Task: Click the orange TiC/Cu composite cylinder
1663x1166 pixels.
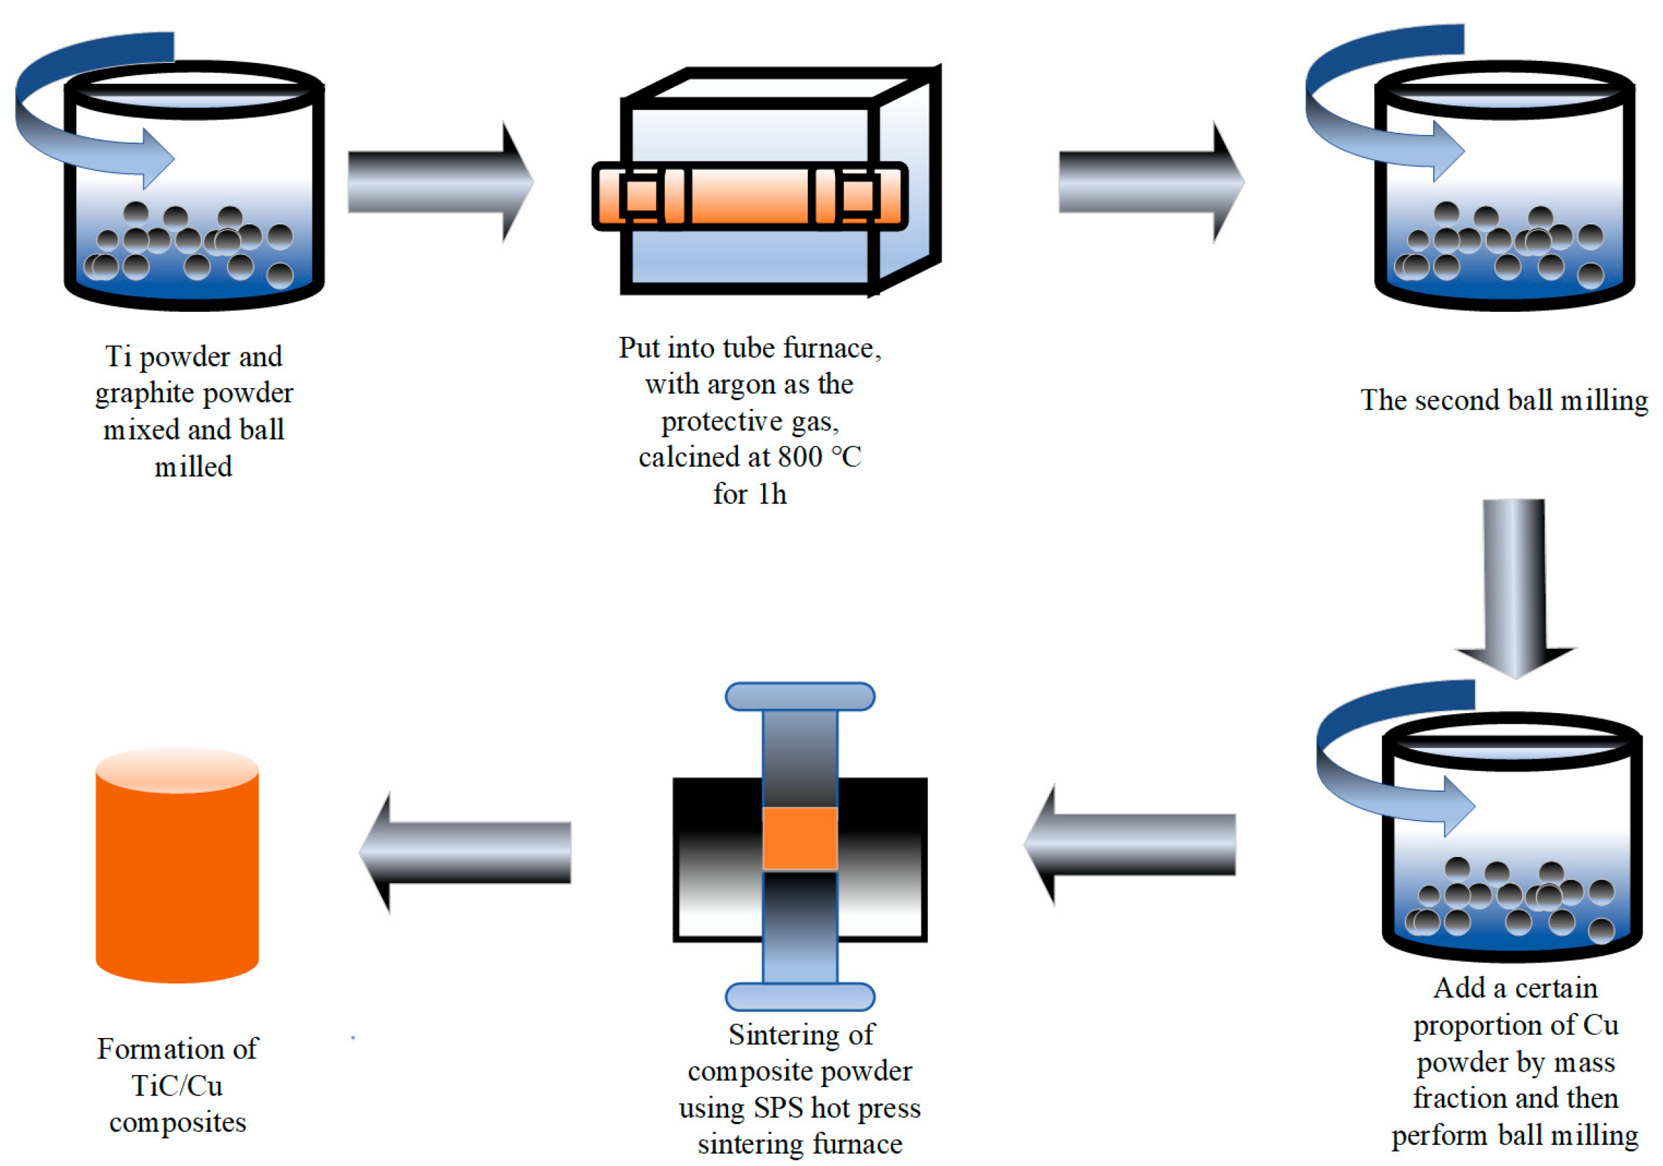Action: pos(177,869)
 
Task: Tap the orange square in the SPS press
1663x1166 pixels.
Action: pos(799,838)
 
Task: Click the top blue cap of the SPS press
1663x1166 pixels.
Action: pos(799,697)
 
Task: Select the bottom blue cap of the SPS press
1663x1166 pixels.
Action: pos(799,998)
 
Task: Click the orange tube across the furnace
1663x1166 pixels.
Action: pos(749,196)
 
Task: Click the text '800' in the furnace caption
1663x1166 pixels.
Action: pos(799,458)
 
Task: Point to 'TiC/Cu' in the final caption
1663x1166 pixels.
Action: pos(177,1086)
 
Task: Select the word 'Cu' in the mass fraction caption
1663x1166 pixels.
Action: pos(1600,1025)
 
